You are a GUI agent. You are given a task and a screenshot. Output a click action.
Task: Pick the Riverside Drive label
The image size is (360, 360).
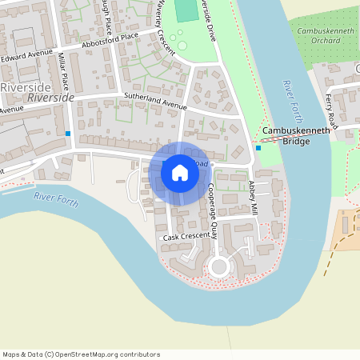(x=209, y=20)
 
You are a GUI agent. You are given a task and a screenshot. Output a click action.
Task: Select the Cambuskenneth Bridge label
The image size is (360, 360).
(x=295, y=135)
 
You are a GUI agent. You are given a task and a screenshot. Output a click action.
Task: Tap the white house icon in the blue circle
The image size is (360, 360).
(x=180, y=172)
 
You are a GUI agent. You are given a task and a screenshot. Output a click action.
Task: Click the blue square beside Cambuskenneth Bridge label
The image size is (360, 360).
(x=258, y=147)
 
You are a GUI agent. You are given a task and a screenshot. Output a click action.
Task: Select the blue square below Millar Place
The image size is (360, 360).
(x=68, y=133)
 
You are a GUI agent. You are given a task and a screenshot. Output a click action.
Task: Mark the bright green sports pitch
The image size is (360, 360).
(x=186, y=10)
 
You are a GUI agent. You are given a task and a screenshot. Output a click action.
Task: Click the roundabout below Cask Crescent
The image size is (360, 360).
(x=218, y=267)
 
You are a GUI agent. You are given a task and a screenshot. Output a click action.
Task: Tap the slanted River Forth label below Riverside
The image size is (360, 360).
(x=56, y=200)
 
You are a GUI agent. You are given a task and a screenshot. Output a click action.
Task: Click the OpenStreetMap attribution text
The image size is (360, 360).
(x=81, y=354)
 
